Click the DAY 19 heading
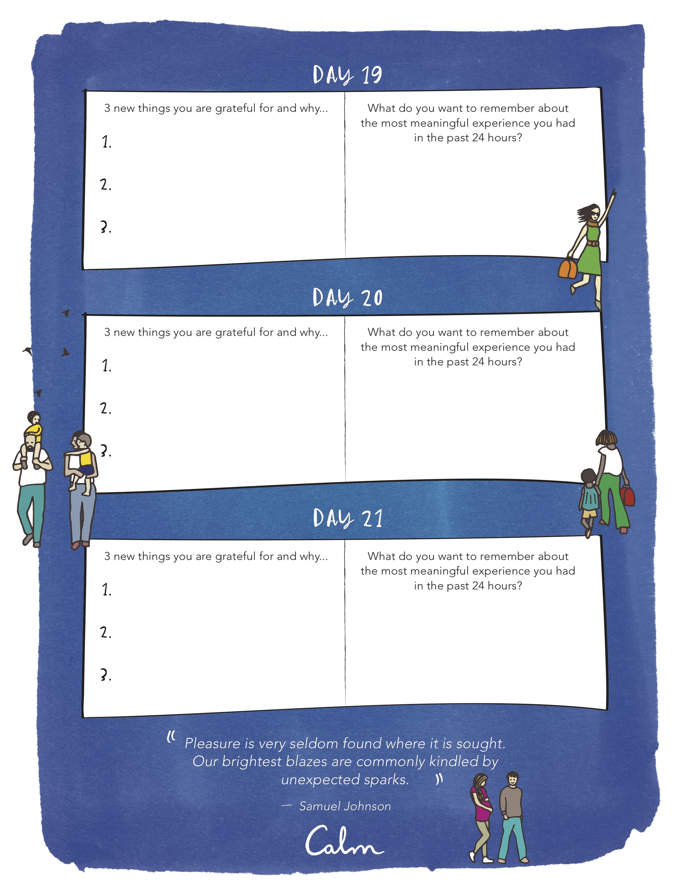(x=347, y=75)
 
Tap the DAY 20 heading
(x=347, y=297)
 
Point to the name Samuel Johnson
(x=345, y=806)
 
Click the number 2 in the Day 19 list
(x=105, y=185)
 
